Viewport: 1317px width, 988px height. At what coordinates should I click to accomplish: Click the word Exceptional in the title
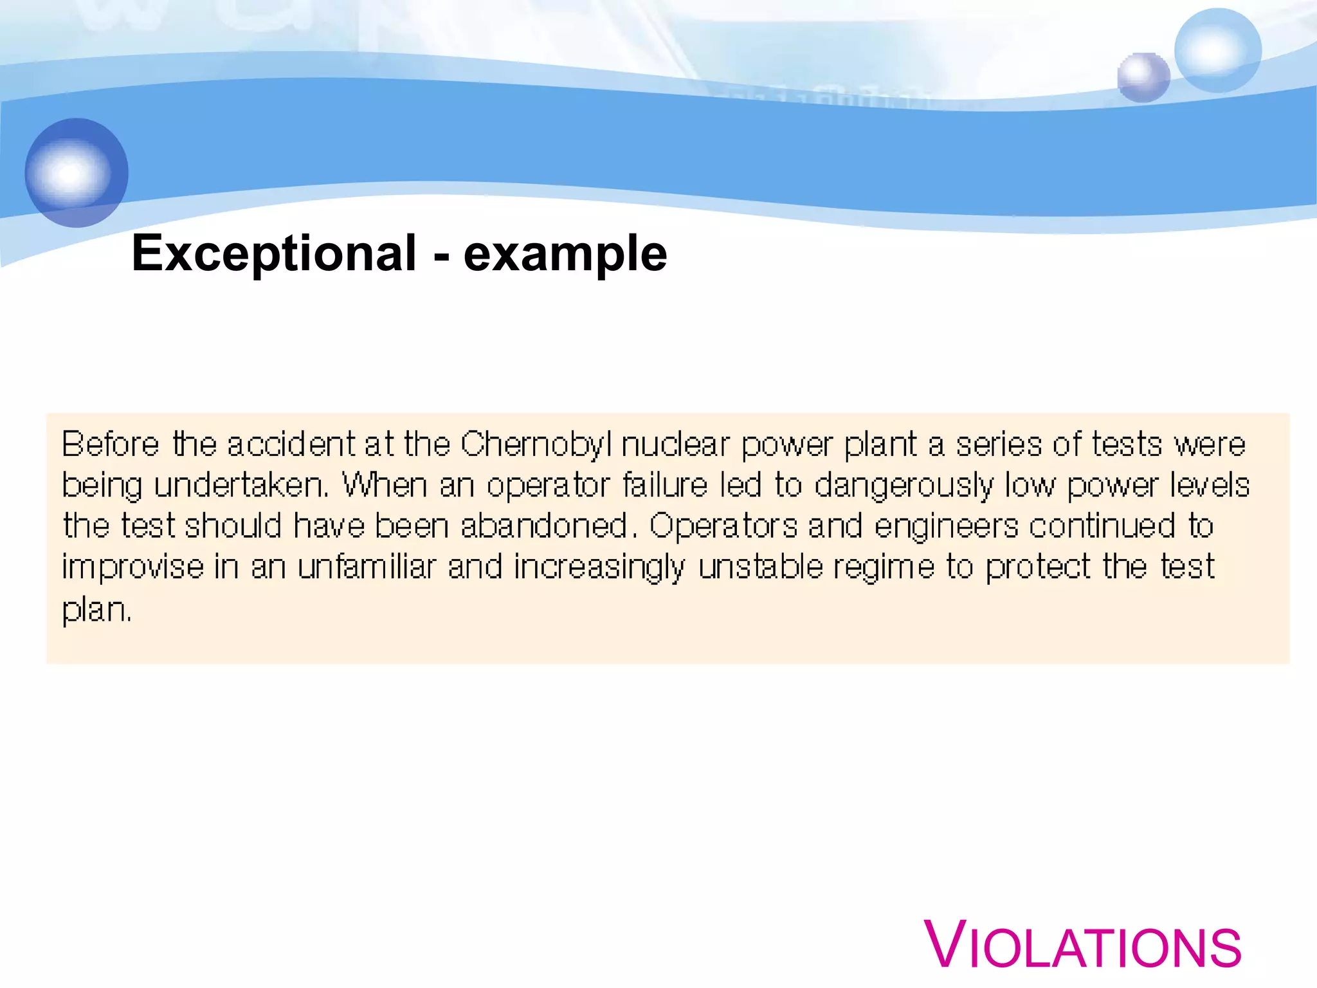tap(274, 253)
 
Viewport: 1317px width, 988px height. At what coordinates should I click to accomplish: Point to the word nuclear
tap(675, 444)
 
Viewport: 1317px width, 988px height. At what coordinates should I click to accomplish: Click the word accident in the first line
tap(291, 444)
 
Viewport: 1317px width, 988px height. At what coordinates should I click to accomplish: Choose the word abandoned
tap(544, 526)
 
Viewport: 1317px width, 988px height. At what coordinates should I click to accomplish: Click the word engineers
tap(946, 526)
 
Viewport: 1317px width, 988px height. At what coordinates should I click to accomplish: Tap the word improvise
tap(132, 567)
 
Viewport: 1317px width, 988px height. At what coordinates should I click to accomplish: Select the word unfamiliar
tap(367, 567)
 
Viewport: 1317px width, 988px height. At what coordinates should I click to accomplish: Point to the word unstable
tap(760, 567)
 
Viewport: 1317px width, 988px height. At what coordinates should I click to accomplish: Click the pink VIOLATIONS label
tap(1083, 946)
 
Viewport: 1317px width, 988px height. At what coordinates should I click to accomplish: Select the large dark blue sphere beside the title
tap(77, 172)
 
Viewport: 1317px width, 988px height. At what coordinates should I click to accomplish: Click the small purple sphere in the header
tap(1143, 77)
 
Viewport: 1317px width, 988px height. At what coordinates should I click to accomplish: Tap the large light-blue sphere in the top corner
tap(1217, 50)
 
